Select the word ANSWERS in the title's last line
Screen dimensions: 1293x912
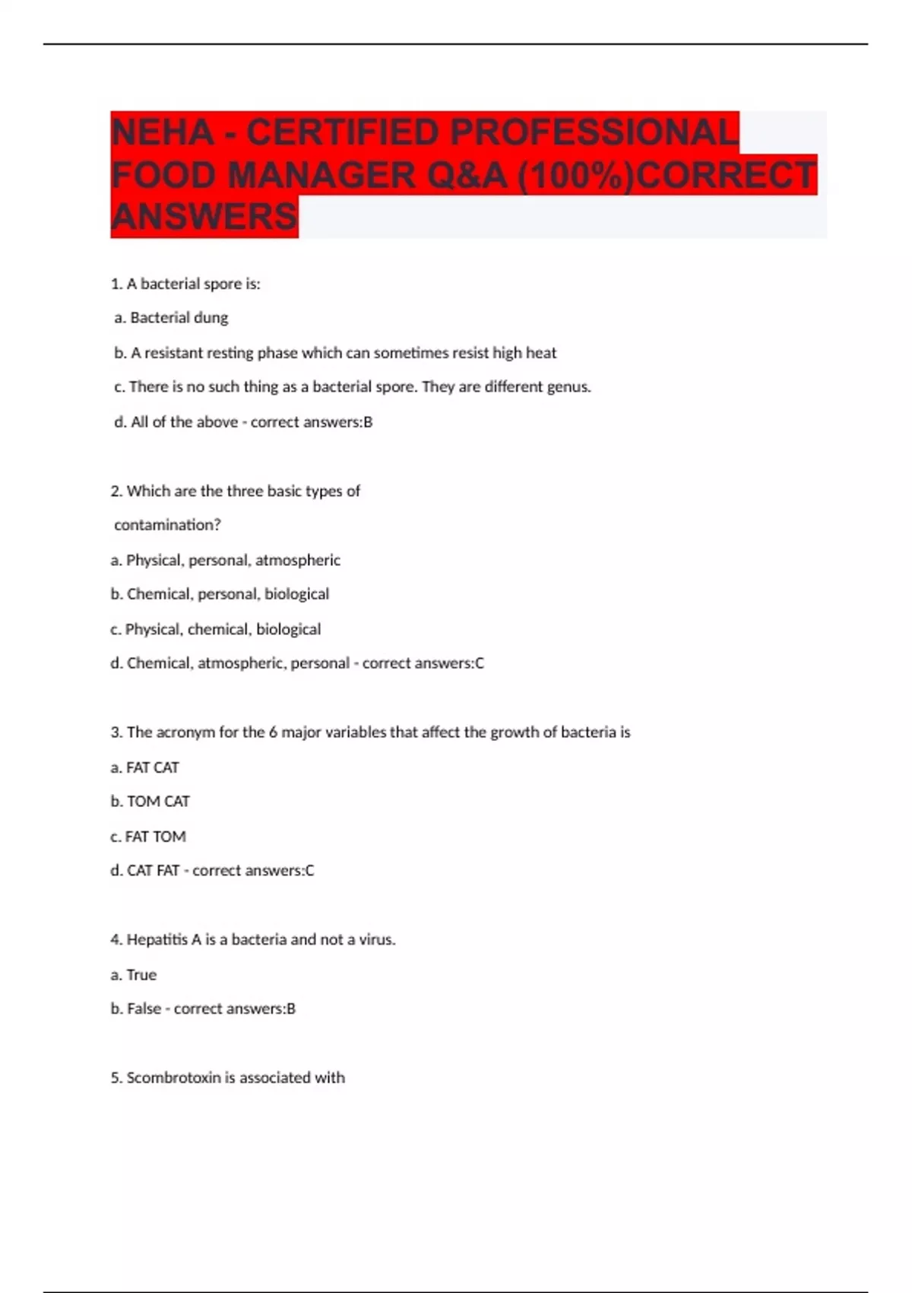pyautogui.click(x=204, y=217)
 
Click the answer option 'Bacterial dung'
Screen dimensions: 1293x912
pyautogui.click(x=179, y=318)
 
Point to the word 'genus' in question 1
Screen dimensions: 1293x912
pyautogui.click(x=568, y=387)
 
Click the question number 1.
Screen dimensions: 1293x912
pyautogui.click(x=116, y=284)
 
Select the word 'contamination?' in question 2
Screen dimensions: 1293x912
pyautogui.click(x=167, y=525)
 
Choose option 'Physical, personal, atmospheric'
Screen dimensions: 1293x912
pyautogui.click(x=233, y=561)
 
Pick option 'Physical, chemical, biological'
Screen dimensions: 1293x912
pyautogui.click(x=223, y=630)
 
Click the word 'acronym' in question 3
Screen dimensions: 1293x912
pyautogui.click(x=185, y=732)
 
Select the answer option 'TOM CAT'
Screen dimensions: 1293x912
pyautogui.click(x=158, y=802)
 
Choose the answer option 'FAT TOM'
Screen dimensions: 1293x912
pyautogui.click(x=155, y=837)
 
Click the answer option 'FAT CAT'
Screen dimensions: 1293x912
pyautogui.click(x=152, y=767)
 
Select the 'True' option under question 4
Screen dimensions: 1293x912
pyautogui.click(x=141, y=975)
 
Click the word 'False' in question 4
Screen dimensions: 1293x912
pyautogui.click(x=144, y=1009)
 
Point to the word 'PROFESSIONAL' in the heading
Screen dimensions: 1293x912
pyautogui.click(x=594, y=132)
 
